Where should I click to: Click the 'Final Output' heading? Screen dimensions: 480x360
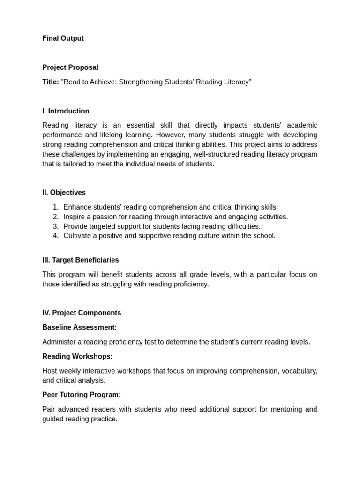[x=63, y=38]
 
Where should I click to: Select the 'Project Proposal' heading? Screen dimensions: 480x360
[x=70, y=67]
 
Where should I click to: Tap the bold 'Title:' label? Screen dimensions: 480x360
[x=51, y=82]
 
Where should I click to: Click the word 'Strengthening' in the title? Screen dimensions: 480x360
[x=140, y=82]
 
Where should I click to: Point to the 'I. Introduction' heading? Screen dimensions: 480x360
[x=66, y=111]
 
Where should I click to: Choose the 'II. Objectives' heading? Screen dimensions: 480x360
[x=64, y=193]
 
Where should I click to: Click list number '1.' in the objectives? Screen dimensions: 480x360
[x=56, y=207]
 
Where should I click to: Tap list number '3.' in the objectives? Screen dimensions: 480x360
[x=56, y=226]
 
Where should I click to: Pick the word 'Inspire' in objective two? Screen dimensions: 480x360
[x=75, y=217]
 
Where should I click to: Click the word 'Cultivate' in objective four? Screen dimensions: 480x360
[x=78, y=236]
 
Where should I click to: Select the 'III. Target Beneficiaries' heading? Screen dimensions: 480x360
[x=80, y=260]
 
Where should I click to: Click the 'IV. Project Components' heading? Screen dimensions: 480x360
[x=82, y=313]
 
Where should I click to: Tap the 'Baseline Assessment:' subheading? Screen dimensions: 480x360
[x=79, y=327]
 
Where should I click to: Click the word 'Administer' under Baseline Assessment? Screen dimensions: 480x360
[x=60, y=342]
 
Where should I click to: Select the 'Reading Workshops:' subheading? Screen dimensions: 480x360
[x=77, y=356]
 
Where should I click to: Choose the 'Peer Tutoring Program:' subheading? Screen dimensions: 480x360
[x=82, y=395]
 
